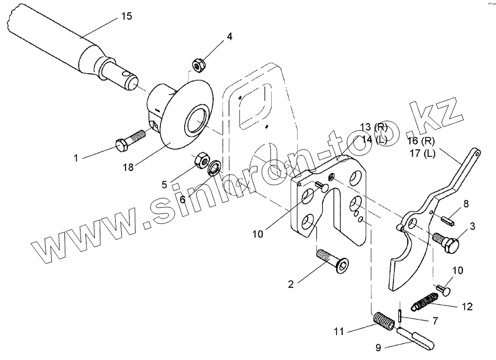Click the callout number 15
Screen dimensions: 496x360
[126, 17]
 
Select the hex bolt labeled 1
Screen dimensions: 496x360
[131, 140]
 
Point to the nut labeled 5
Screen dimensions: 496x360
[202, 161]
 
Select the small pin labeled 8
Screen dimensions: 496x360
[447, 219]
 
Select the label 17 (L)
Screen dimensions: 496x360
[423, 154]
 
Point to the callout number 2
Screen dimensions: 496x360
[290, 284]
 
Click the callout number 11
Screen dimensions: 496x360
[339, 331]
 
